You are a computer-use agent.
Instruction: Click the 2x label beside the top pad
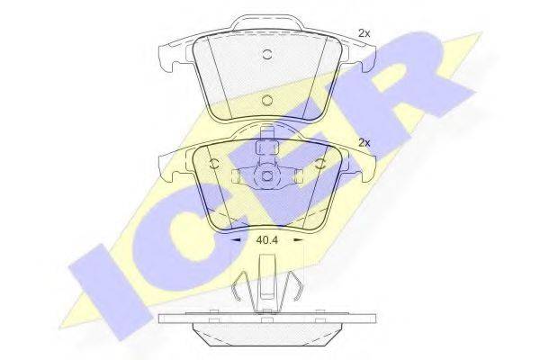coord(364,33)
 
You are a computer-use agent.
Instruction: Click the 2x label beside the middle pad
coord(364,142)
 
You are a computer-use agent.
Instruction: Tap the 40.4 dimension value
coord(267,240)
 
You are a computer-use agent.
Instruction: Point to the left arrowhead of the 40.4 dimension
coord(236,240)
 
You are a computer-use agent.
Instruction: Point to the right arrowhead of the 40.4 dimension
coord(298,240)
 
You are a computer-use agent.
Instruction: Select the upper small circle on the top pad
coord(267,54)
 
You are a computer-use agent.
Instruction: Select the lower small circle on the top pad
coord(267,100)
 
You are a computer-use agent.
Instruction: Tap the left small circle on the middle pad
coord(214,165)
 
